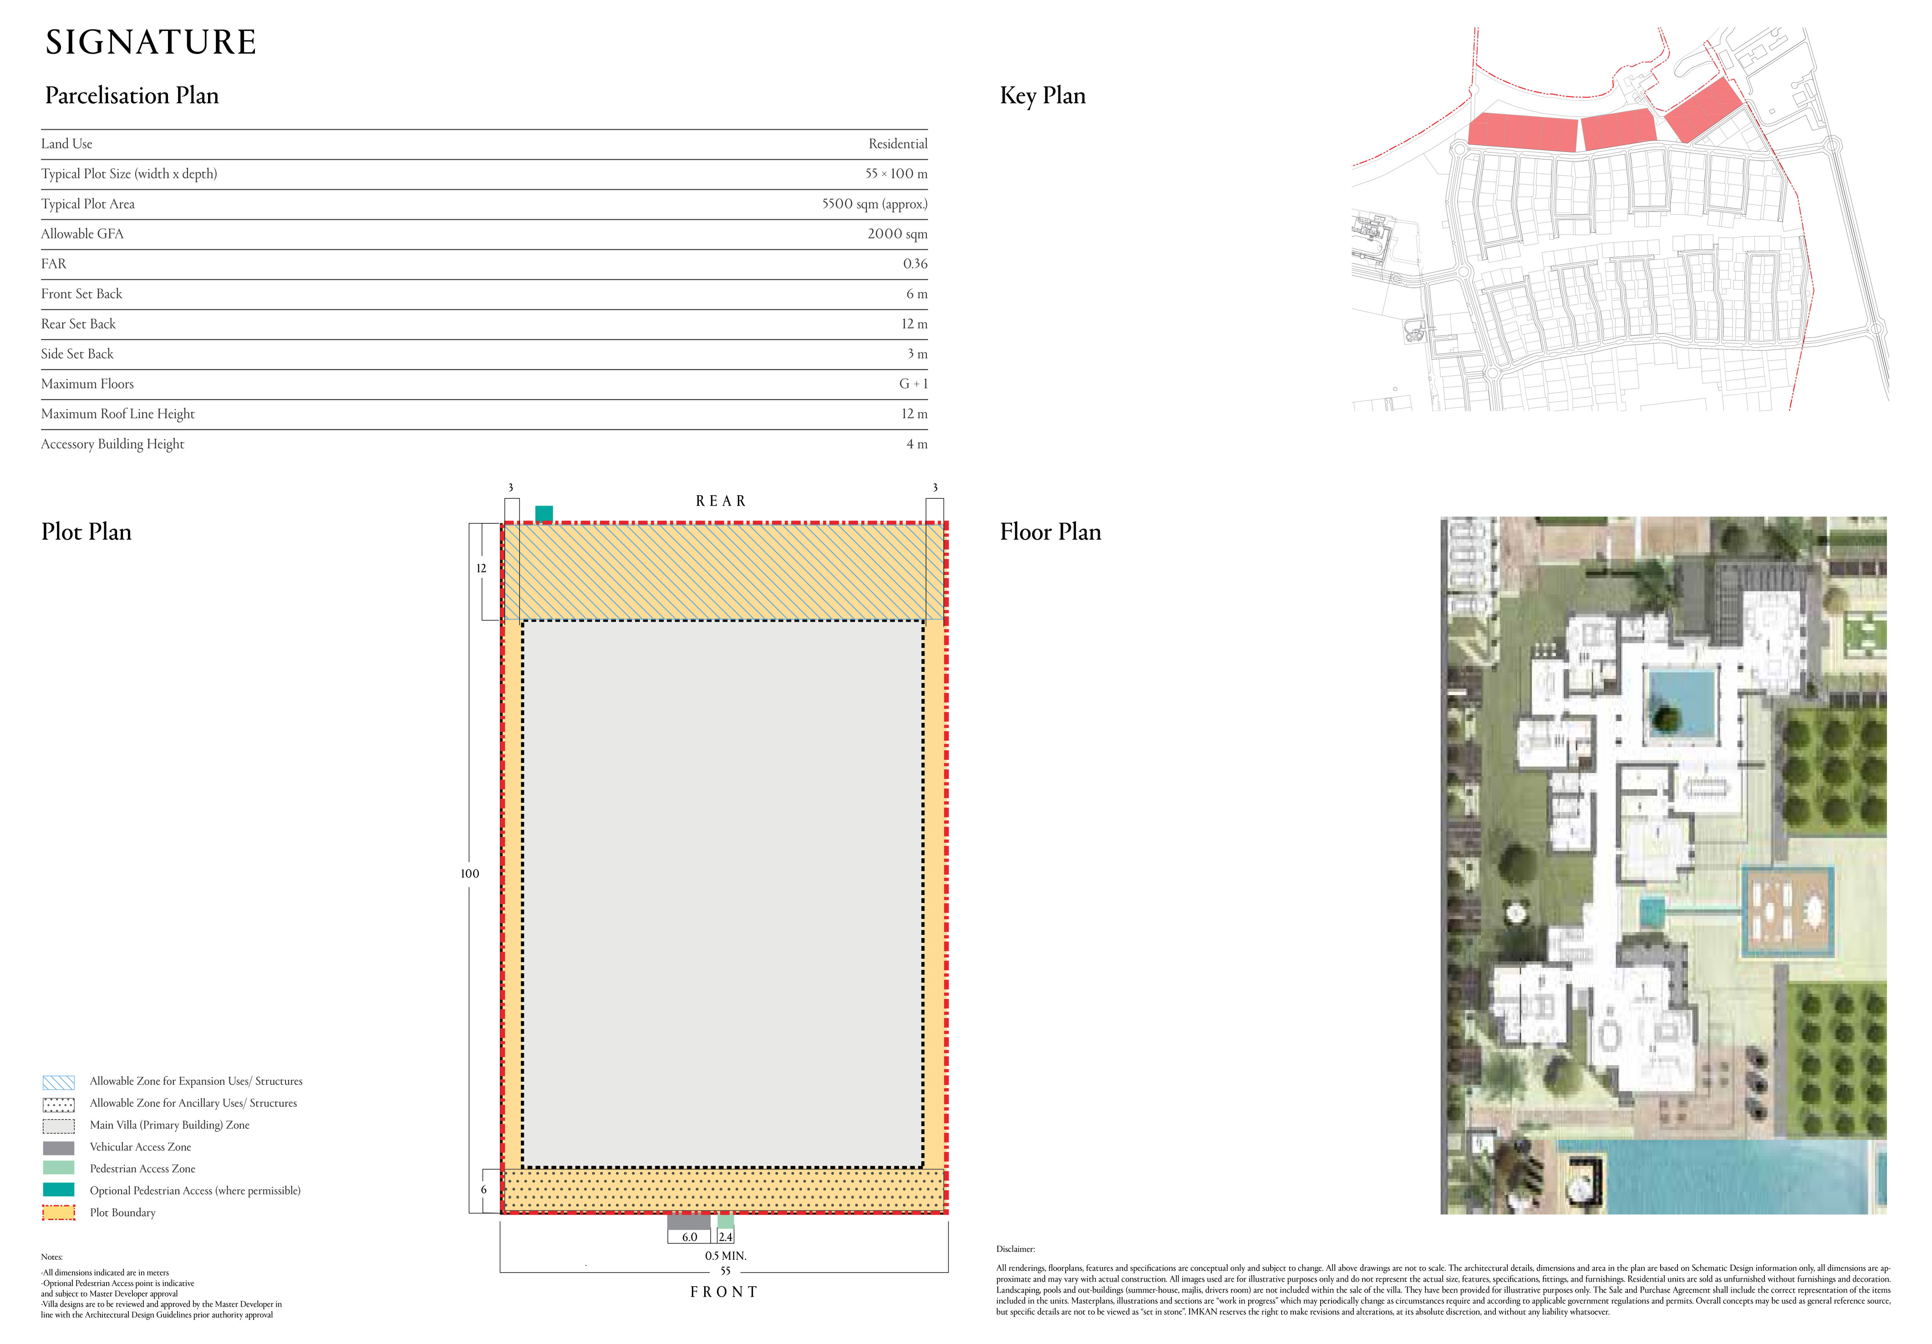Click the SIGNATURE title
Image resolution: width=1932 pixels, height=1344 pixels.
(x=151, y=42)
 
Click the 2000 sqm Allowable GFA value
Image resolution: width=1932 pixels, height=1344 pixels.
(x=897, y=234)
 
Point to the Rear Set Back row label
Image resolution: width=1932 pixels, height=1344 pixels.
(x=78, y=324)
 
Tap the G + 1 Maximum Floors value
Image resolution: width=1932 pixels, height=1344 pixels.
(x=913, y=384)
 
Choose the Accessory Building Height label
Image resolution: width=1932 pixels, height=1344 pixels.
(x=113, y=444)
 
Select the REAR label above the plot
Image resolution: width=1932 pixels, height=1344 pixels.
(x=720, y=501)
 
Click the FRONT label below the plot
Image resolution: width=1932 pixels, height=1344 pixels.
(x=724, y=1292)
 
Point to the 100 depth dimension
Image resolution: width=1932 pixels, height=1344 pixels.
(x=469, y=874)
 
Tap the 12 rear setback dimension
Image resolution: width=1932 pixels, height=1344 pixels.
(x=481, y=568)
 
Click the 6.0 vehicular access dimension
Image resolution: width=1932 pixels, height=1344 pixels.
(x=689, y=1237)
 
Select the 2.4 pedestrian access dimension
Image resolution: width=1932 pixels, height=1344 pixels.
(x=725, y=1237)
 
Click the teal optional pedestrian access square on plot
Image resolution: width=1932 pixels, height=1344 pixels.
(x=544, y=513)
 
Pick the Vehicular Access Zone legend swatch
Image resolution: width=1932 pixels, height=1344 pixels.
(x=58, y=1147)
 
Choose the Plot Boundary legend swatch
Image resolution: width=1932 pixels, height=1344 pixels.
(x=58, y=1213)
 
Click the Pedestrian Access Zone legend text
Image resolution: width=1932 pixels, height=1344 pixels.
(x=142, y=1169)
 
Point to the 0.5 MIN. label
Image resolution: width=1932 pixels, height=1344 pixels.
(x=725, y=1256)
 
